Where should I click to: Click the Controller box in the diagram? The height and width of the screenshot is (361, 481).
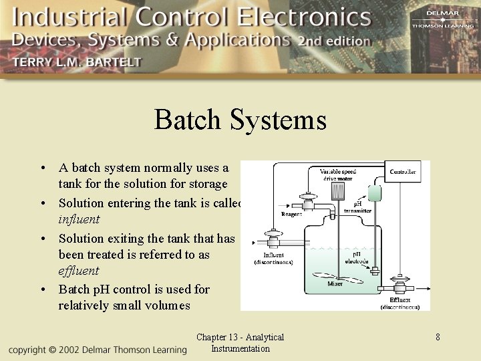click(x=403, y=172)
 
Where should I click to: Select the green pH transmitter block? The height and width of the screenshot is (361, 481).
click(x=374, y=193)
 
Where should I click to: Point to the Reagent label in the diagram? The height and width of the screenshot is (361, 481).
click(x=292, y=215)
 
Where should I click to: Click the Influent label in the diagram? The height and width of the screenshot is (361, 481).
click(x=273, y=255)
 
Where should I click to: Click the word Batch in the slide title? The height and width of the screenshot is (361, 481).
click(x=187, y=120)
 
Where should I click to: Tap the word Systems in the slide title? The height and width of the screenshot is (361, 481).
click(x=278, y=120)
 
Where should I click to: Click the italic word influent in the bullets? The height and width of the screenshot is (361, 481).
click(x=79, y=219)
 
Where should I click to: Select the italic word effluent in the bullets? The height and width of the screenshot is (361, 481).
click(x=78, y=271)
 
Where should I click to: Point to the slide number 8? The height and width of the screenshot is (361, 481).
click(x=438, y=337)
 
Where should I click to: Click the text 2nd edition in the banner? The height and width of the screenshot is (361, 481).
click(x=334, y=41)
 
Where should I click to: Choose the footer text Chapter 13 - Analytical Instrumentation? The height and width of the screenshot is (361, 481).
click(x=240, y=343)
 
